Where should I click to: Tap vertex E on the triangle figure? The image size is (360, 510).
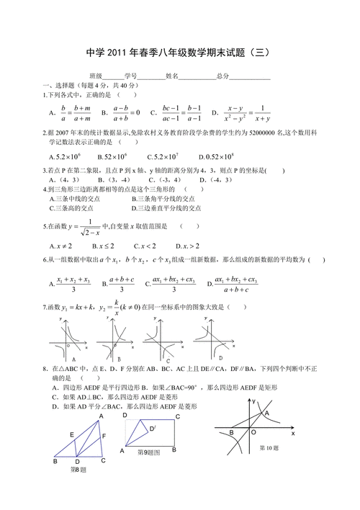[x=71, y=434]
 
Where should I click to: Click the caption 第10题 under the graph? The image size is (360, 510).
[x=268, y=447]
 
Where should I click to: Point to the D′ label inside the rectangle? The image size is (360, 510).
[x=153, y=428]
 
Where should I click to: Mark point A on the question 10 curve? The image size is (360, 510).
[x=266, y=413]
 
